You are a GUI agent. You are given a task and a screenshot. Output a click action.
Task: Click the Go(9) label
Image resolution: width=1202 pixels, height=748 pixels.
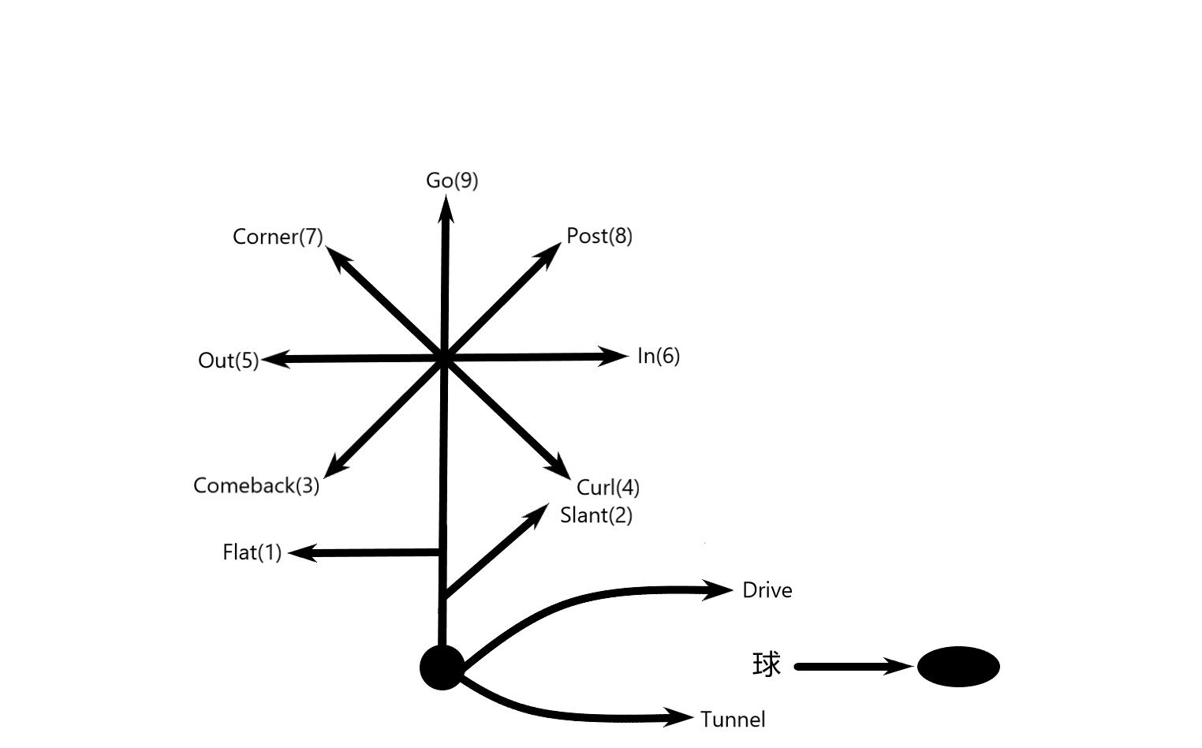(x=452, y=181)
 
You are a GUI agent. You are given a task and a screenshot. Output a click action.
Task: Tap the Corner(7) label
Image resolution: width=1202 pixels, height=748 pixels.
(x=278, y=237)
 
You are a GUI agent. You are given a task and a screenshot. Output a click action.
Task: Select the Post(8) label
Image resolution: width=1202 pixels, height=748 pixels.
(x=599, y=236)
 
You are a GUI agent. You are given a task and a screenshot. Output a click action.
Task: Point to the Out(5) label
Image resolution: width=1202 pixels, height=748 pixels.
(x=229, y=361)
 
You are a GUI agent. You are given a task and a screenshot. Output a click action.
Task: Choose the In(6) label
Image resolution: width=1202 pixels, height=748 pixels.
(x=659, y=356)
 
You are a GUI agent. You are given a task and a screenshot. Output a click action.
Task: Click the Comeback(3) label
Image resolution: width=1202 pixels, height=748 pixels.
(x=256, y=485)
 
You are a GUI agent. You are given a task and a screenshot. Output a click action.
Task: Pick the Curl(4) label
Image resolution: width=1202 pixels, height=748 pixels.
(x=608, y=488)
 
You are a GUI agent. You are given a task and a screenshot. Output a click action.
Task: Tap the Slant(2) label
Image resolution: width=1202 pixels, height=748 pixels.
(x=596, y=515)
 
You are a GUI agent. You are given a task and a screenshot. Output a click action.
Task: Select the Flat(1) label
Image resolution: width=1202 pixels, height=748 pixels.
(x=252, y=552)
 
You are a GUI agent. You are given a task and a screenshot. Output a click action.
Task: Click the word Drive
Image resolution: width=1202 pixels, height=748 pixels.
(x=767, y=590)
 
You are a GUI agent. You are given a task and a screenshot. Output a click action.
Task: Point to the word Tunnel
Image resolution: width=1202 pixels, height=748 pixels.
(x=733, y=720)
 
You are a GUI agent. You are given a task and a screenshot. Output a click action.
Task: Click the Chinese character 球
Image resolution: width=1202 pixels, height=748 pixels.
(x=767, y=664)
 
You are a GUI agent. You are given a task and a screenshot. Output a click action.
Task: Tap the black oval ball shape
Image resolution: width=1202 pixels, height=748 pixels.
(x=958, y=667)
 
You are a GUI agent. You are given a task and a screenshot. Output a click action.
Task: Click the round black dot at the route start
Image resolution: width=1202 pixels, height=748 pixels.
(x=442, y=668)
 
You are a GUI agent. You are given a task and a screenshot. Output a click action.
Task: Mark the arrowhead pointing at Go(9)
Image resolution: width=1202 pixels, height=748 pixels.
(x=446, y=209)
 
